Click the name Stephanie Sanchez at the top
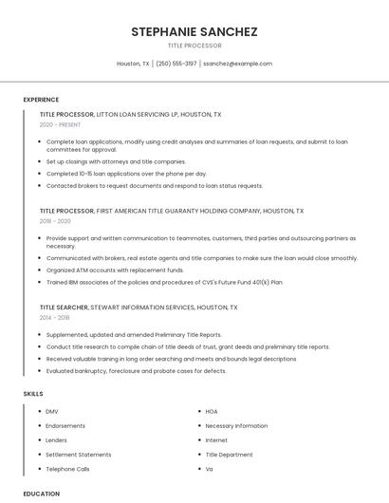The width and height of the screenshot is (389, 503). coord(194,31)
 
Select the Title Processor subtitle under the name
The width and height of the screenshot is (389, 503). coord(194,46)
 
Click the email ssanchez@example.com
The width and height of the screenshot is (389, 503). coord(237,64)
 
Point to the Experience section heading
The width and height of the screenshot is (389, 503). coord(41,100)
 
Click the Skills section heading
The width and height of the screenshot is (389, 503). coord(33,393)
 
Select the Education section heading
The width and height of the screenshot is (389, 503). coord(42,494)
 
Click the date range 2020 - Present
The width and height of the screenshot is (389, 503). coord(60,124)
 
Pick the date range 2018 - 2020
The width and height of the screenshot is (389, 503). coord(55,220)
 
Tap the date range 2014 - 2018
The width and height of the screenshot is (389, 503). coord(55,317)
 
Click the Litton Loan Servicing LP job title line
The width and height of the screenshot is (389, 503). coord(130,114)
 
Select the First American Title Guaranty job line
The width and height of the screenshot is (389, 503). coord(171,210)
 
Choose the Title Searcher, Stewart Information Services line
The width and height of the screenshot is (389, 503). coord(139,307)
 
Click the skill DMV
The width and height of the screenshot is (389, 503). coord(52,411)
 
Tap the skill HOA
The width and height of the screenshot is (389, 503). coord(212,411)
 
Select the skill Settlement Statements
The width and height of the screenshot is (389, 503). coord(79,455)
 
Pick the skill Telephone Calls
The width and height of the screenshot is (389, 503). coord(67,469)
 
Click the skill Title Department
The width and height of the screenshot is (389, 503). coord(229,455)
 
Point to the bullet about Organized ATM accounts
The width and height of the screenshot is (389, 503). coord(115,270)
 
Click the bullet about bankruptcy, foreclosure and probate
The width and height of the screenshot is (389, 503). coord(136,371)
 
